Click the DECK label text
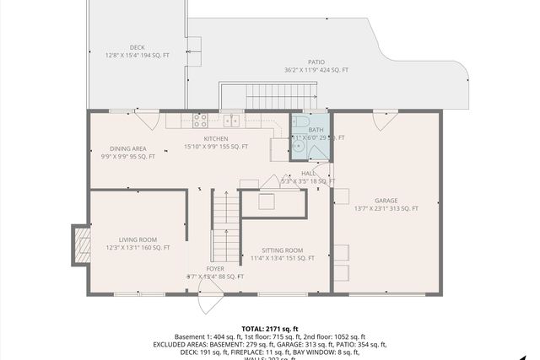[x=137, y=47]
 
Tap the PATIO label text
[x=316, y=62]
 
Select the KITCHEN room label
[x=216, y=138]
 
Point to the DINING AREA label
[x=127, y=149]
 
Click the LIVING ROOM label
[x=138, y=239]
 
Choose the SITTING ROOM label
[x=282, y=250]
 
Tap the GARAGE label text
[x=386, y=201]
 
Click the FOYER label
[x=216, y=269]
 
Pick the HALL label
[x=308, y=173]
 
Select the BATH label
[x=304, y=130]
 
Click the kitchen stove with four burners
[x=200, y=121]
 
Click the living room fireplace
[x=81, y=244]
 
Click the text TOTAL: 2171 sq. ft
[x=270, y=328]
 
